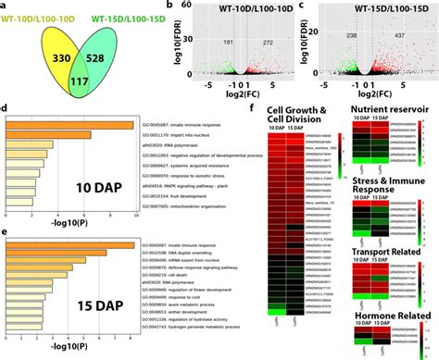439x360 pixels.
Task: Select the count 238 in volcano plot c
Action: pos(348,34)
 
